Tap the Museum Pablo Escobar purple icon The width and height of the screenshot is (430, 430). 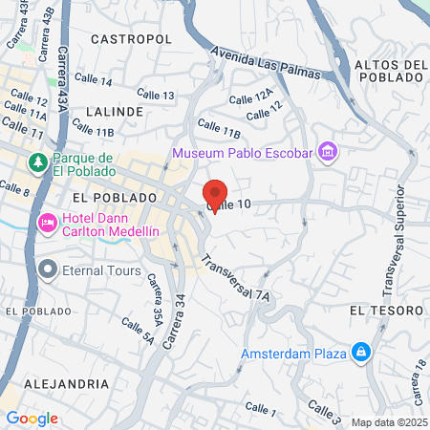pyautogui.click(x=328, y=152)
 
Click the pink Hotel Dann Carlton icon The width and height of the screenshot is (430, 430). pyautogui.click(x=47, y=223)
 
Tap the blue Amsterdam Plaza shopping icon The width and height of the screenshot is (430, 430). pyautogui.click(x=360, y=354)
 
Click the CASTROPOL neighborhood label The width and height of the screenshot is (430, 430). pyautogui.click(x=131, y=39)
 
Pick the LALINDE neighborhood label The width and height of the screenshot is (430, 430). pyautogui.click(x=114, y=112)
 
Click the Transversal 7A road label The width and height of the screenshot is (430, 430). pyautogui.click(x=235, y=277)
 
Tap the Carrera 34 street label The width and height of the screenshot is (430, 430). pyautogui.click(x=175, y=320)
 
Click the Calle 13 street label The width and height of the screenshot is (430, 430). pyautogui.click(x=156, y=95)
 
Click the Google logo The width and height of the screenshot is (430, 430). pyautogui.click(x=32, y=418)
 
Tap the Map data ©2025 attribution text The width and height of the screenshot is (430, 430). pyautogui.click(x=389, y=422)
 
